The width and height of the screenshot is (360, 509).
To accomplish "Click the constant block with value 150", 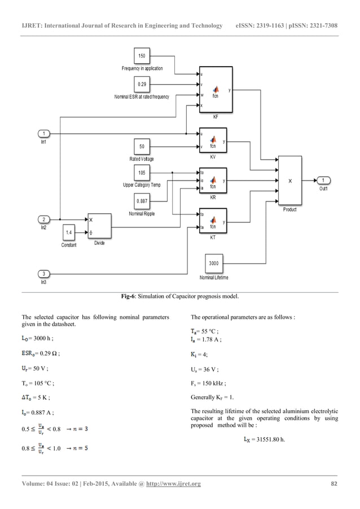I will coord(142,56).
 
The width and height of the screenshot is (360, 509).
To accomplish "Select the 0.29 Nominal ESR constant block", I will coord(142,85).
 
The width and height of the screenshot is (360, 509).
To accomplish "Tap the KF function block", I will coord(215,90).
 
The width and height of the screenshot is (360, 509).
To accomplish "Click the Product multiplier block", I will coord(290,181).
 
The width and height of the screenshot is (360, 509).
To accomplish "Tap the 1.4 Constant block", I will coord(69,232).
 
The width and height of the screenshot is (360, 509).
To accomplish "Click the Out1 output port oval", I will coord(323,181).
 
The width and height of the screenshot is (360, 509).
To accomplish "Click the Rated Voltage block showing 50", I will coord(142,147).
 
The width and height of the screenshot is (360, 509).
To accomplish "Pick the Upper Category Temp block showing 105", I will coord(142,173).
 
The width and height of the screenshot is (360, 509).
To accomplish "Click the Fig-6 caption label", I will coord(179,297).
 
